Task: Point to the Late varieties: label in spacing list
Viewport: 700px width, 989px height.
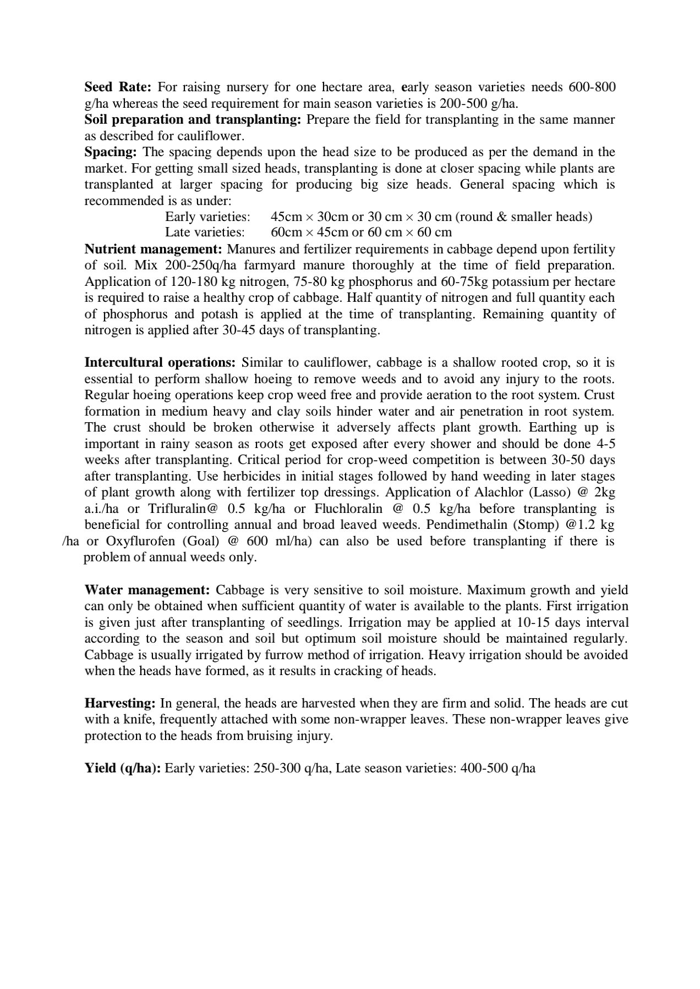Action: tap(205, 233)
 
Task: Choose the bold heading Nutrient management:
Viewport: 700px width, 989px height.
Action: tap(153, 250)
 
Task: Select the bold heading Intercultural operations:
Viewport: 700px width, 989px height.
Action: tap(160, 363)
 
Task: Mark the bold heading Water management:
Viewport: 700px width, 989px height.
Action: tap(147, 590)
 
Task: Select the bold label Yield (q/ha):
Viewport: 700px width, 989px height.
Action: tap(123, 769)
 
